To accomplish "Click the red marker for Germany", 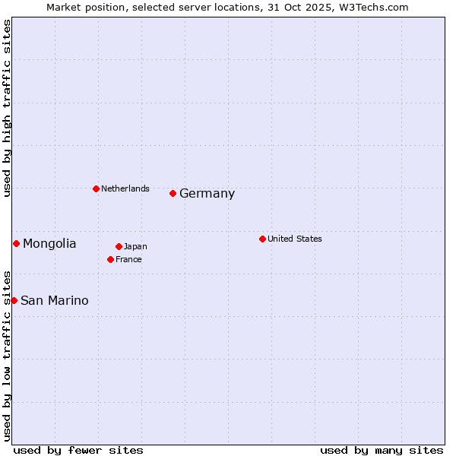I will pyautogui.click(x=173, y=193).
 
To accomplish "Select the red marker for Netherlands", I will pyautogui.click(x=96, y=188).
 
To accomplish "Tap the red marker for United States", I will pyautogui.click(x=262, y=239).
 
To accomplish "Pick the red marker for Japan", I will pyautogui.click(x=119, y=246).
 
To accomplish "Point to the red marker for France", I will pyautogui.click(x=110, y=259).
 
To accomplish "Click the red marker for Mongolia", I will pyautogui.click(x=16, y=243).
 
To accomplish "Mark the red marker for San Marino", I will pyautogui.click(x=14, y=300).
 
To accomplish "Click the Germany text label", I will pyautogui.click(x=207, y=194).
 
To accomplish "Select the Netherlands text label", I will pyautogui.click(x=125, y=188).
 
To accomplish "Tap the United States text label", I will pyautogui.click(x=294, y=239).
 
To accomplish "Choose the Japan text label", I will pyautogui.click(x=135, y=246).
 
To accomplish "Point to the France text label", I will pyautogui.click(x=128, y=259).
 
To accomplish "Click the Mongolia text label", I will pyautogui.click(x=49, y=244).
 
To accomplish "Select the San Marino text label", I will pyautogui.click(x=54, y=301).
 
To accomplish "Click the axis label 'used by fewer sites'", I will pyautogui.click(x=78, y=450).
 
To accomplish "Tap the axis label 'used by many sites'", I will pyautogui.click(x=382, y=450).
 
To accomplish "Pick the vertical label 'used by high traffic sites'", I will pyautogui.click(x=7, y=108).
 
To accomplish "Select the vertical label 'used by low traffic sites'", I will pyautogui.click(x=7, y=356).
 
